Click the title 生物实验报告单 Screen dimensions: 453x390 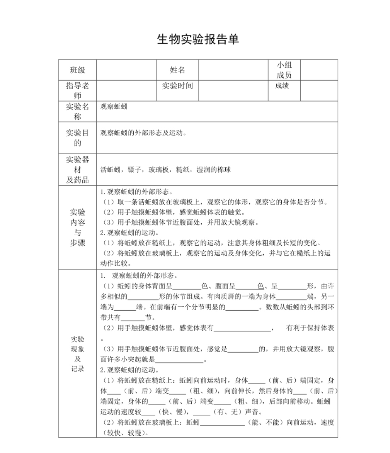pyautogui.click(x=198, y=39)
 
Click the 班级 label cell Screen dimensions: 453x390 pyautogui.click(x=78, y=70)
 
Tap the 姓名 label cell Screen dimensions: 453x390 pyautogui.click(x=177, y=70)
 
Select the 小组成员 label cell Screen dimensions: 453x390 pyautogui.click(x=284, y=70)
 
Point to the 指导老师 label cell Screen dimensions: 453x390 pyautogui.click(x=78, y=91)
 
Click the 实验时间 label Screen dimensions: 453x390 pyautogui.click(x=177, y=86)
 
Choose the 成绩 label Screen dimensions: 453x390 pyautogui.click(x=282, y=86)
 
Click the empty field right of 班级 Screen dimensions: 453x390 pyautogui.click(x=126, y=70)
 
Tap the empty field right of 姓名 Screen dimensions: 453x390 pyautogui.click(x=233, y=70)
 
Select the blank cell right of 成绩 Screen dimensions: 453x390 pyautogui.click(x=319, y=91)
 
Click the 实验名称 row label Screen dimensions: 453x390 pyautogui.click(x=78, y=111)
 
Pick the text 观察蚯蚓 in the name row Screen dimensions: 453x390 pyautogui.click(x=114, y=107)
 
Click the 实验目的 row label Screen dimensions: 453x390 pyautogui.click(x=78, y=138)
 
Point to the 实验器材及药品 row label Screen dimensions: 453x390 pyautogui.click(x=78, y=169)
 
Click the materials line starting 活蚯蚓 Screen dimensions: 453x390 pyautogui.click(x=165, y=170)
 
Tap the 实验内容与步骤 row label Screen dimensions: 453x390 pyautogui.click(x=78, y=227)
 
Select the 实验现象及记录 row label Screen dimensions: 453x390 pyautogui.click(x=78, y=354)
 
